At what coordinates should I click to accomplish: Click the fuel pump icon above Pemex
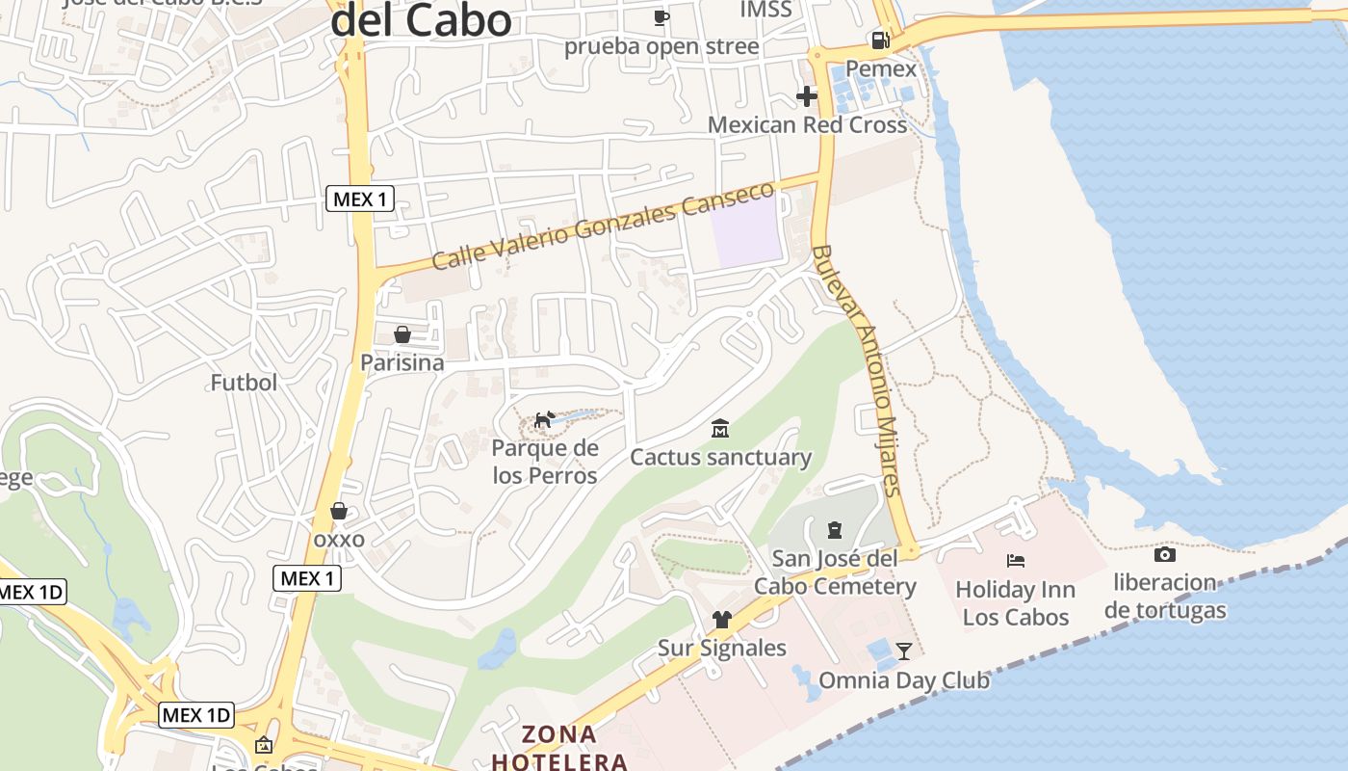[880, 40]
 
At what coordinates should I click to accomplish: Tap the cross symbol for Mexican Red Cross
[807, 96]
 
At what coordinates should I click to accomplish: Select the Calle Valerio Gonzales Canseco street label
[603, 226]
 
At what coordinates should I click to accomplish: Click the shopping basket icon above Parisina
[402, 334]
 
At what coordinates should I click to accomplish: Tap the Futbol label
[244, 383]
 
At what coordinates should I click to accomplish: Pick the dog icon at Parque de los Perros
[544, 419]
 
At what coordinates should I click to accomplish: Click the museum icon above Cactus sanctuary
[719, 428]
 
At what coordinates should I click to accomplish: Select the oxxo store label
[339, 539]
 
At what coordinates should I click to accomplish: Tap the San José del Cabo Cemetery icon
[834, 529]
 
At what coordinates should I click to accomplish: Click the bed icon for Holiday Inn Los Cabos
[1016, 560]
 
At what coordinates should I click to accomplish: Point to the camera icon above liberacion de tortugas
[1164, 554]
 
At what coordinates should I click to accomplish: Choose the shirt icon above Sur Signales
[721, 619]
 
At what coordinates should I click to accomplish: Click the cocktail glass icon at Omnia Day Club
[903, 651]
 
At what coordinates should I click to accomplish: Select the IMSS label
[765, 10]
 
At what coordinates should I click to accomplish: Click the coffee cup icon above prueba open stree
[661, 17]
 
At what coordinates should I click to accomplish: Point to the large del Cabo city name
[421, 21]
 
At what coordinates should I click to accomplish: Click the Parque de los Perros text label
[545, 462]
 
